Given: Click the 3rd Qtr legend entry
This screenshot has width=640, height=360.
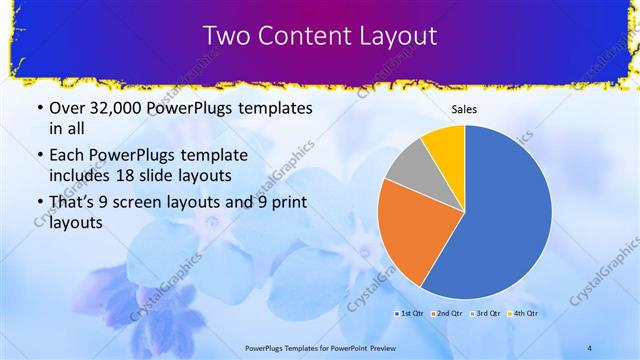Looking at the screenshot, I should click(x=486, y=314).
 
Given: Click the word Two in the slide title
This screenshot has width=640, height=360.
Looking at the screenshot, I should click(x=227, y=36).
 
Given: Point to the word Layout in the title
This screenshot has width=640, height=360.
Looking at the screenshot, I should click(x=394, y=36).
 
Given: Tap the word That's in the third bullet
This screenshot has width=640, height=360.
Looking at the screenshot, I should click(x=66, y=203).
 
